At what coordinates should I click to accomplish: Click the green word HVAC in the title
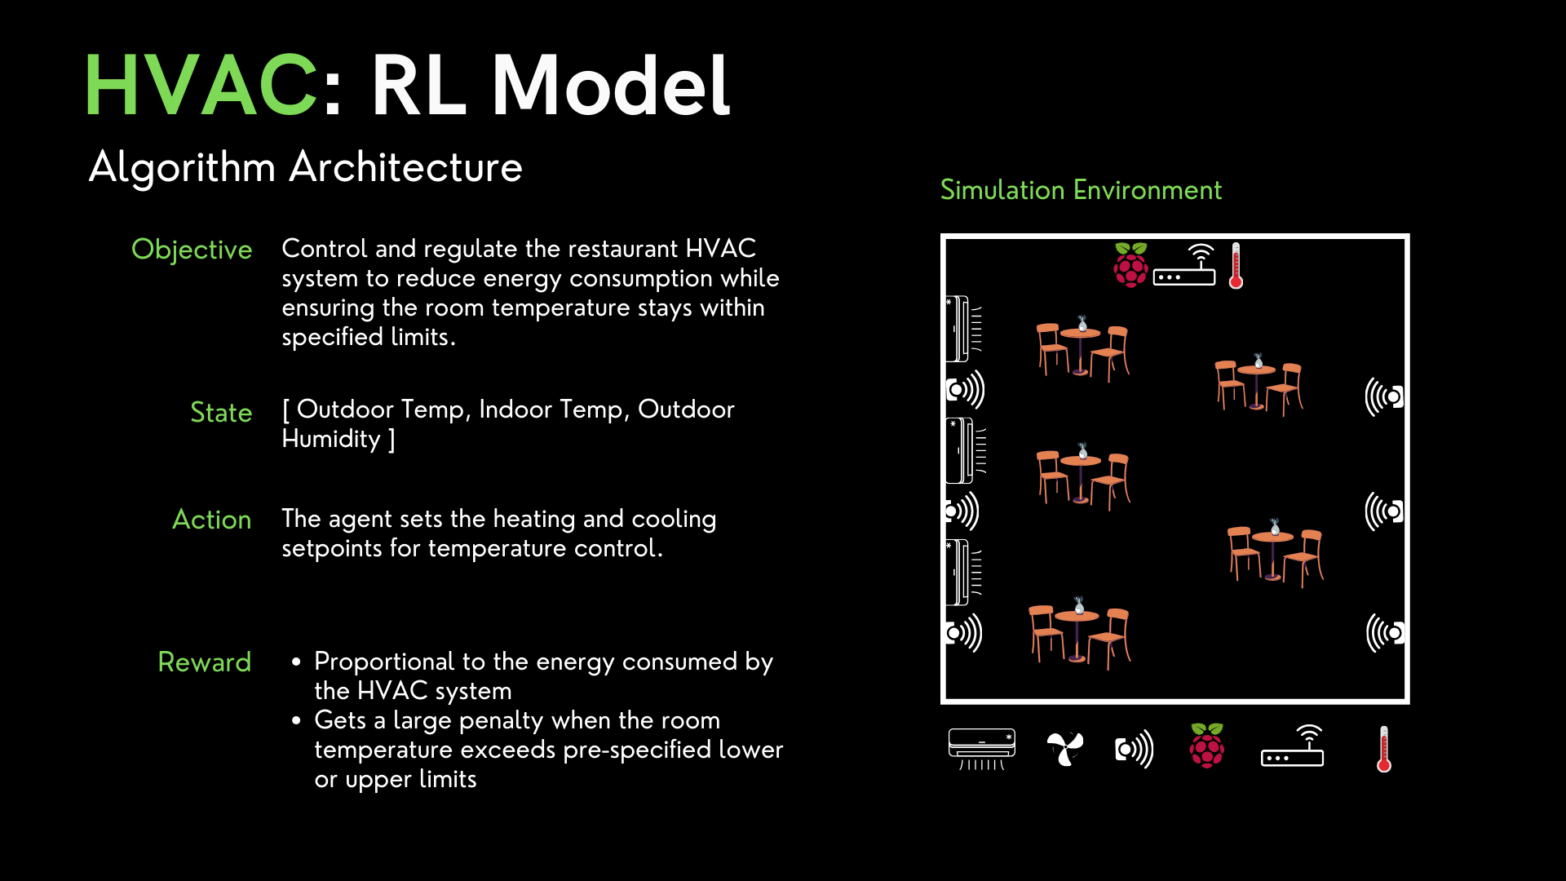pos(201,85)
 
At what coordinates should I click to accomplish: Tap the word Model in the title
pos(610,85)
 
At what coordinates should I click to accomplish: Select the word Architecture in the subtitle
pos(405,166)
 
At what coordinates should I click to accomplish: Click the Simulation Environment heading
pos(1081,190)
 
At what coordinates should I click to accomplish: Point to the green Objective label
pos(192,250)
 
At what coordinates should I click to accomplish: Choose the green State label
pos(221,413)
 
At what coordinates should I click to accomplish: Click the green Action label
pos(212,520)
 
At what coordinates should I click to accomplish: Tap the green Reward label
pos(204,662)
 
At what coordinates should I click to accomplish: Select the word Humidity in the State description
pos(331,440)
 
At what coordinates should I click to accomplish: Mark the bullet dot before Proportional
pos(296,662)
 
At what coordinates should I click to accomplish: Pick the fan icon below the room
pos(1065,748)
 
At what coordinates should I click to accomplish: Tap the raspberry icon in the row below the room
pos(1207,746)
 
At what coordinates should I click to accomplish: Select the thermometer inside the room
pos(1236,266)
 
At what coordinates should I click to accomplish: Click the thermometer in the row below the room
pos(1383,749)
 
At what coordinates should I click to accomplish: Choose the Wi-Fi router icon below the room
pos(1293,746)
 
